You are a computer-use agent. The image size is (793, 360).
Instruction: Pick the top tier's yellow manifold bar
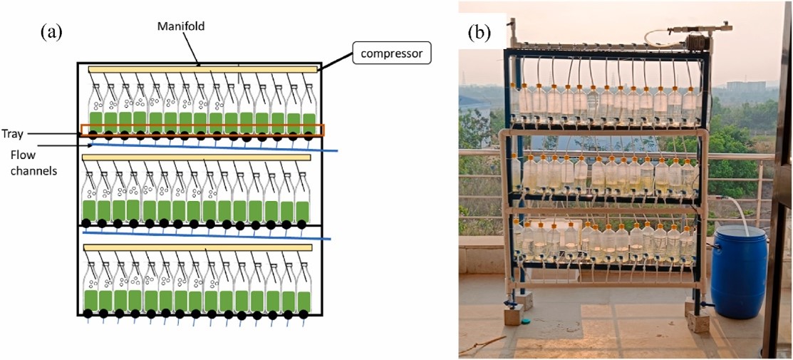pos(202,69)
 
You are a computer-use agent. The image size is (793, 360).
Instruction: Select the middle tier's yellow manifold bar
pos(197,157)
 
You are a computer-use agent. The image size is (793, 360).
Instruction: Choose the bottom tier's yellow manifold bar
pos(198,247)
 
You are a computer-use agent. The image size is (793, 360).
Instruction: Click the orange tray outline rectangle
pos(202,130)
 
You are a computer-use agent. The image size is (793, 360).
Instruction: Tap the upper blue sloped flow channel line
pos(214,146)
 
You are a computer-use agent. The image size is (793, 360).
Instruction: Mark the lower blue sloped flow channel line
pos(207,233)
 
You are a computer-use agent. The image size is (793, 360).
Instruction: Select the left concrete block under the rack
pos(513,314)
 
